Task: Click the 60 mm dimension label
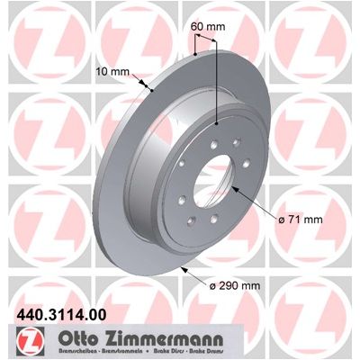[x=208, y=27]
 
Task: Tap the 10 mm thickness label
[x=112, y=72]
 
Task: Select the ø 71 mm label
[x=301, y=220]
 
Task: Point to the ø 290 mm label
[x=235, y=285]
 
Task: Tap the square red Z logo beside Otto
[x=31, y=340]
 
